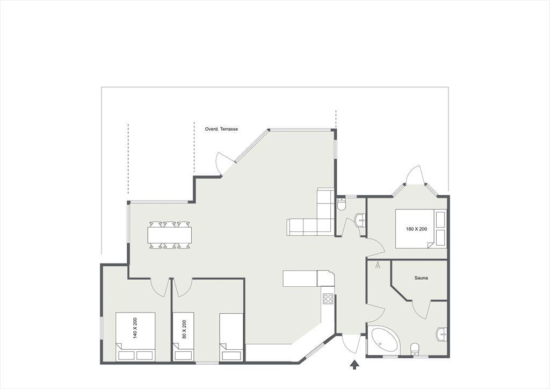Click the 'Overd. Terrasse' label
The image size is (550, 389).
tap(221, 129)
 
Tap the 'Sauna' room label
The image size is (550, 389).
tap(421, 278)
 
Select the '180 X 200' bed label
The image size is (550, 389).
tap(416, 229)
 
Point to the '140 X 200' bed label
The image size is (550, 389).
tap(135, 328)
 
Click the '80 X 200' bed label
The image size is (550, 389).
tap(184, 329)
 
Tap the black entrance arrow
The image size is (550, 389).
tap(354, 365)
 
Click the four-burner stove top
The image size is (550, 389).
tap(328, 299)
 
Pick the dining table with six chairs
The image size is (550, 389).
tap(170, 235)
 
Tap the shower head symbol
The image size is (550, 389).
tap(378, 265)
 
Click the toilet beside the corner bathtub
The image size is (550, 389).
tap(415, 349)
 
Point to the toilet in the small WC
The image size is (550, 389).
tap(341, 204)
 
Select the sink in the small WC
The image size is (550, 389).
tap(360, 221)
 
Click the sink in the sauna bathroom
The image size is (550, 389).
tap(442, 334)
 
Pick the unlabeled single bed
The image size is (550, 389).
tap(231, 337)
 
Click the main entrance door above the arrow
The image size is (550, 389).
tap(350, 344)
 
